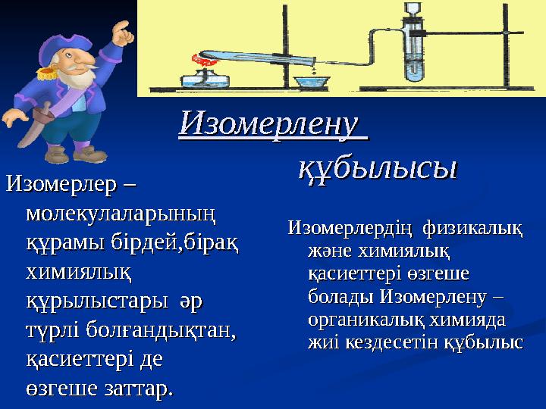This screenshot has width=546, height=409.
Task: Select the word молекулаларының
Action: (x=121, y=214)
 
